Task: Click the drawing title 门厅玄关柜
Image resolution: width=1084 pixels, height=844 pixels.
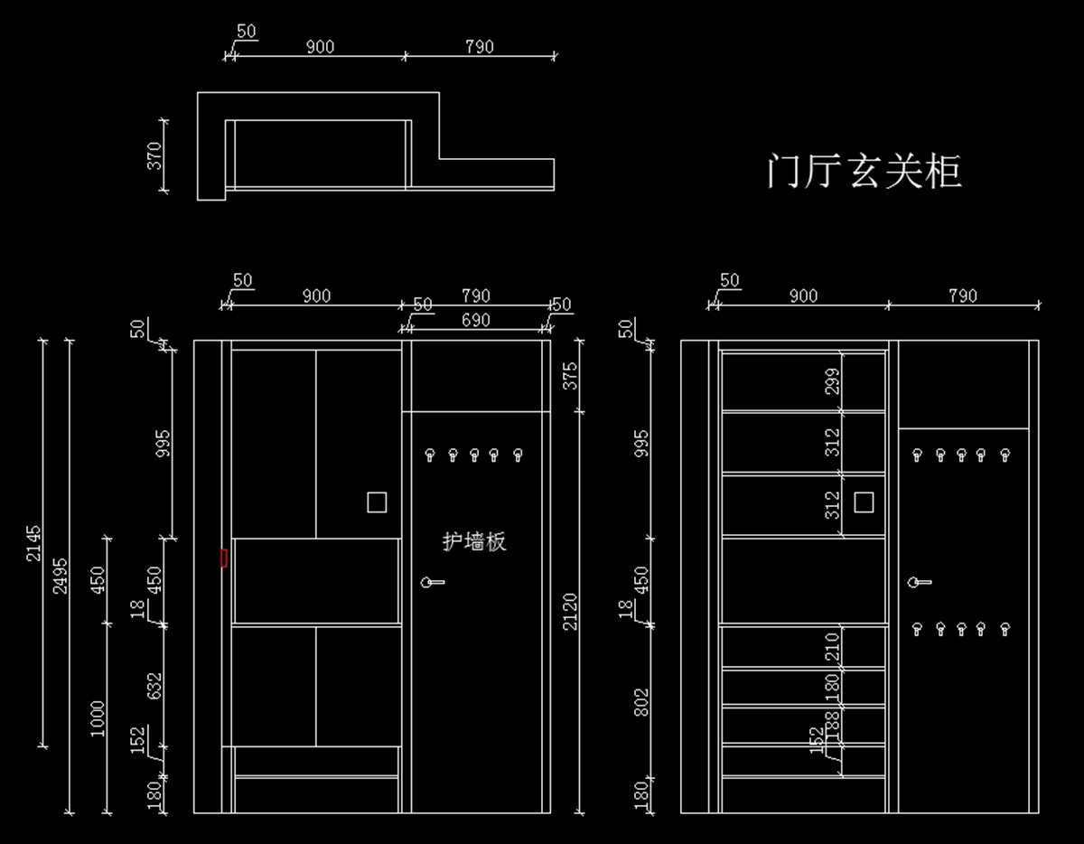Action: click(x=864, y=171)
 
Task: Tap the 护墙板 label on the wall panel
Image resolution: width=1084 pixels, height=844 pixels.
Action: click(x=474, y=541)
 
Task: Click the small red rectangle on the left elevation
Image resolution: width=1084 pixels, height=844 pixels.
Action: click(x=223, y=558)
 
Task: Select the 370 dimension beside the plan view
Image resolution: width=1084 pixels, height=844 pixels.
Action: click(x=154, y=155)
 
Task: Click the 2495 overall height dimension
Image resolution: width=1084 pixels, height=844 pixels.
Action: click(x=60, y=575)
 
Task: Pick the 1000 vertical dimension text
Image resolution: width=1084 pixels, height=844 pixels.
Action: click(x=98, y=718)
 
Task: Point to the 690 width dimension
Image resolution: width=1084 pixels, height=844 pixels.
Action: click(x=475, y=320)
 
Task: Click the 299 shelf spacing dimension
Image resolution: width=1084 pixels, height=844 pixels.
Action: click(x=832, y=381)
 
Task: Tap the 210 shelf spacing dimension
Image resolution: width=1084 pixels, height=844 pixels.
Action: click(x=832, y=646)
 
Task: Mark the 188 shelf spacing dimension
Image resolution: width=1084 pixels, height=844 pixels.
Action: click(x=832, y=725)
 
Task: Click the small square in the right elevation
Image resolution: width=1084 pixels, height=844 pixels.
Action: click(x=864, y=502)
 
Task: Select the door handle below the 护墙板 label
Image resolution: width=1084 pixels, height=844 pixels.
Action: click(x=431, y=582)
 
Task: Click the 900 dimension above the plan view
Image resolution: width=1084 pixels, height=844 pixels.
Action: click(x=319, y=47)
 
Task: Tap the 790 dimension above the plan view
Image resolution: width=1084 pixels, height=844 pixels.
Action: click(x=479, y=47)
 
